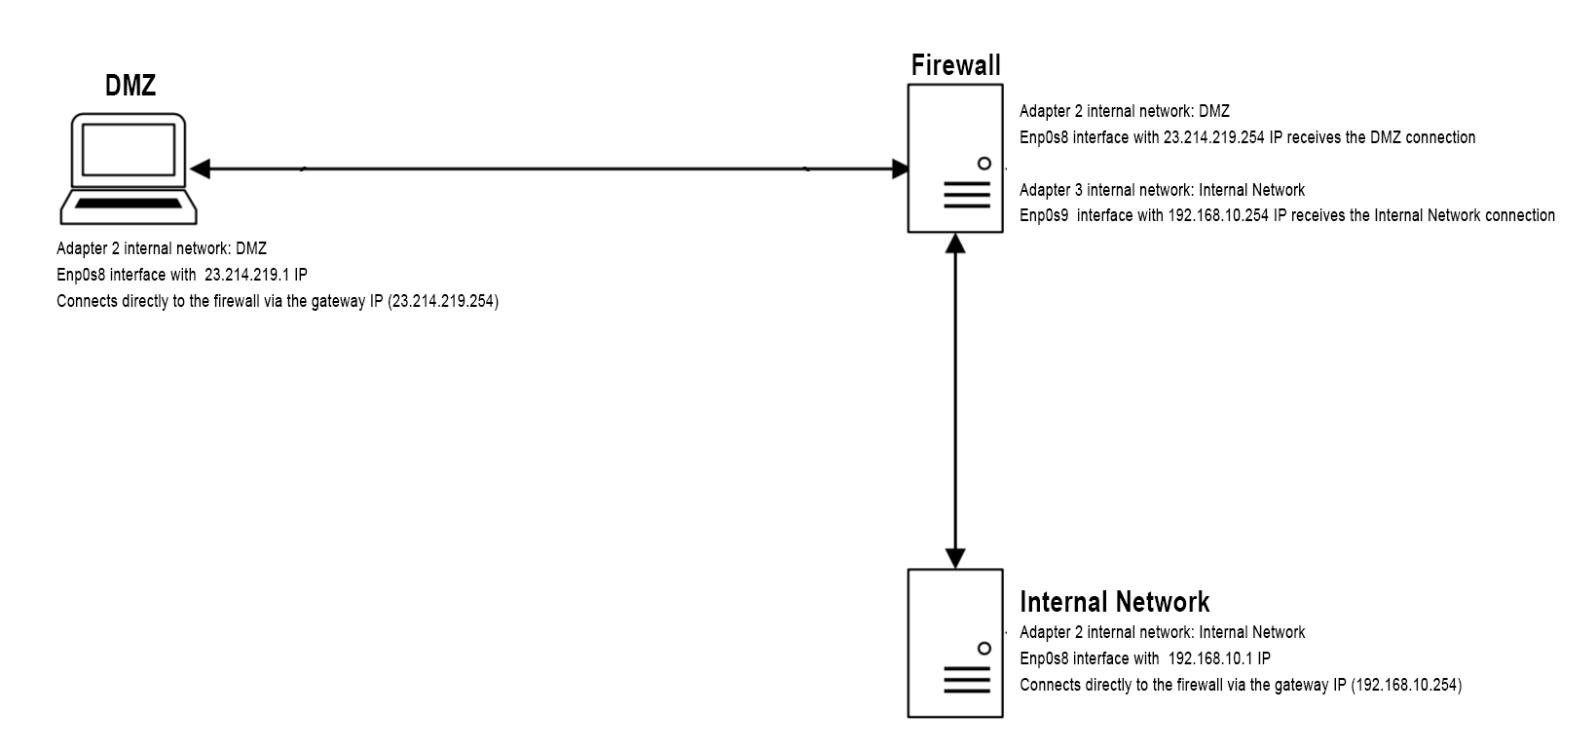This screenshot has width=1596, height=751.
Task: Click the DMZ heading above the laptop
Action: pos(130,86)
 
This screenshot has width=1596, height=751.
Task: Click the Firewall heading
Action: pos(955,65)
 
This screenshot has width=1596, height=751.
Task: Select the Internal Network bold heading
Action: pos(1114,602)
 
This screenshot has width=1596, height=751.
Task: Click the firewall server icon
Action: pos(955,158)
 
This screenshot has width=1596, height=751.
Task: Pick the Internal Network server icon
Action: pos(955,643)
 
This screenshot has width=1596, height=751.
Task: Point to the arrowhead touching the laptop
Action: pos(201,169)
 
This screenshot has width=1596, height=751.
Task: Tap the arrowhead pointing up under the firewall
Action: pos(955,244)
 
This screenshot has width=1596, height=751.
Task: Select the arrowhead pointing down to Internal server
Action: pos(955,557)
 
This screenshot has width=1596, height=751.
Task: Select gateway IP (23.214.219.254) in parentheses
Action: pos(443,302)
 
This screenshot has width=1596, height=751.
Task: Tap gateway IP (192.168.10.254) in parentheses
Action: pos(1406,686)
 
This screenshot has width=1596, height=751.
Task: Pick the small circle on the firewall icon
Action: pos(984,164)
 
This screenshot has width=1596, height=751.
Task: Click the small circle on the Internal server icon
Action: pos(984,649)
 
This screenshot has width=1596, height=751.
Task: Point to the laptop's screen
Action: pos(129,151)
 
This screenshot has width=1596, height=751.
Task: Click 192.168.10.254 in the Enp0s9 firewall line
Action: pos(1218,216)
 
